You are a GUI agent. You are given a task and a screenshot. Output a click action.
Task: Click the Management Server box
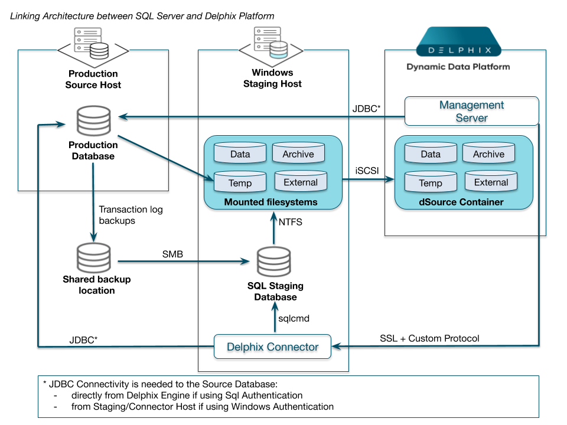click(x=471, y=111)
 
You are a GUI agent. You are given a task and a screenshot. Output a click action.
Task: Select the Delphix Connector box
click(x=272, y=347)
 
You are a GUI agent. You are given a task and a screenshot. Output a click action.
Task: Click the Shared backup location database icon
click(x=93, y=257)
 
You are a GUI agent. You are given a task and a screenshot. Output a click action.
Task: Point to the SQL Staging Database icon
click(x=273, y=261)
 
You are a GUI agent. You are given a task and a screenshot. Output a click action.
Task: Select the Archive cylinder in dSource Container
click(x=488, y=153)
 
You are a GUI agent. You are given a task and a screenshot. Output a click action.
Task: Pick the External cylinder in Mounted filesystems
click(x=301, y=182)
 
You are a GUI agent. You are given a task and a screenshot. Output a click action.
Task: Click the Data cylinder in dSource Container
click(x=431, y=153)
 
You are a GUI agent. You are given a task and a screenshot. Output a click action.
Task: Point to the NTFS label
click(x=289, y=222)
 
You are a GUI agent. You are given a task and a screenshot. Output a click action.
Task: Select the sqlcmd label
click(x=294, y=318)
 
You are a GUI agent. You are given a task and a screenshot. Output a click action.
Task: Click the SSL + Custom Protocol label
click(x=429, y=338)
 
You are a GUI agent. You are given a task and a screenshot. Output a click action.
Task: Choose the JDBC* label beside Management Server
click(x=366, y=109)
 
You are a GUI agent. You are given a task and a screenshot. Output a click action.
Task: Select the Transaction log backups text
click(x=131, y=215)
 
